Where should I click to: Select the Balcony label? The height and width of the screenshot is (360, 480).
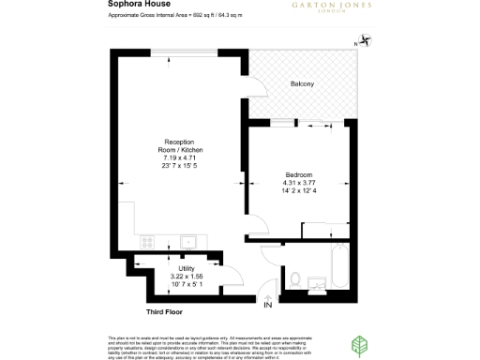(302, 85)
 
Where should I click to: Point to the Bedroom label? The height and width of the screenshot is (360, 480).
(301, 175)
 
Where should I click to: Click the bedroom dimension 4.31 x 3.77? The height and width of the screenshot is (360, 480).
(301, 184)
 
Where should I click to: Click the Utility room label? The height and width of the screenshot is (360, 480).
(186, 268)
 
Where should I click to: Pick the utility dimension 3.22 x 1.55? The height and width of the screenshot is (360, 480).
(186, 277)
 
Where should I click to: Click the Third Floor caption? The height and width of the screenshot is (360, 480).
(164, 310)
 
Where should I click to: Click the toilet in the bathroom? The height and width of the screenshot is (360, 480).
(294, 277)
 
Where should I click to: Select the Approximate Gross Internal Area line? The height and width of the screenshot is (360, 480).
(160, 17)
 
